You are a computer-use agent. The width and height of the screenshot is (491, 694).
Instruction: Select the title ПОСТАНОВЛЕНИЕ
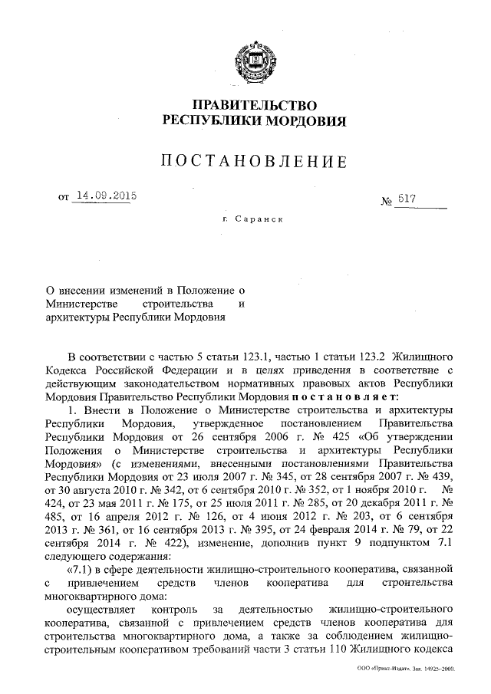pyautogui.click(x=254, y=161)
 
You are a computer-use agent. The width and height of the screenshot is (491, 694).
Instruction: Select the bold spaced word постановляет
pyautogui.click(x=343, y=396)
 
